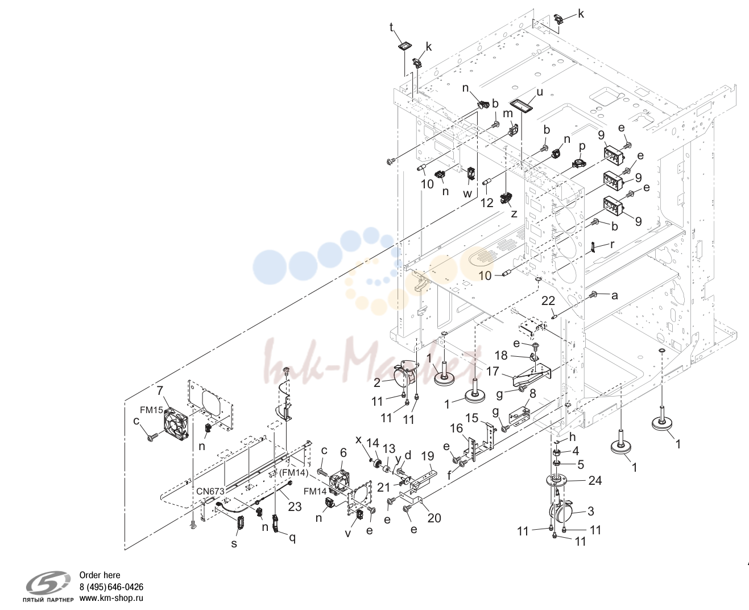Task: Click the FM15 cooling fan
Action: (x=176, y=424)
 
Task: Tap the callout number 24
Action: (x=595, y=480)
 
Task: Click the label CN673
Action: (x=210, y=491)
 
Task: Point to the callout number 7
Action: (x=160, y=391)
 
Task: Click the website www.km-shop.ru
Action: (x=111, y=597)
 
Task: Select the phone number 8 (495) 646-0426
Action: (x=111, y=587)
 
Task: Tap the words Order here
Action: (x=100, y=575)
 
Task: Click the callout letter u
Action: (x=540, y=92)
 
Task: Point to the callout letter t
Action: (x=391, y=27)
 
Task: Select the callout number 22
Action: (x=548, y=300)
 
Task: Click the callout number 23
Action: (x=295, y=506)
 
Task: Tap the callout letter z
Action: (x=514, y=213)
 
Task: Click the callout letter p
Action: (x=582, y=146)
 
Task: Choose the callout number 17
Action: (x=493, y=371)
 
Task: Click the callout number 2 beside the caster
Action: (x=377, y=383)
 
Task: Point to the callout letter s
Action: (x=234, y=544)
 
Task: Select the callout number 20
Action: (x=434, y=518)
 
